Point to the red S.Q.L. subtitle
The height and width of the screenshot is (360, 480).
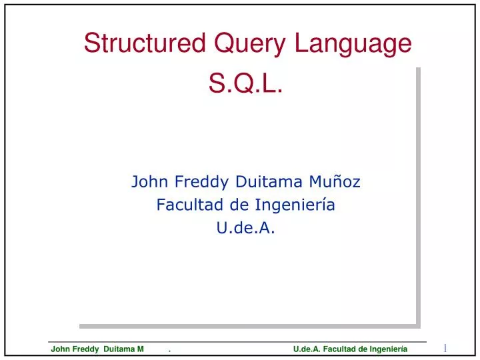click(x=247, y=84)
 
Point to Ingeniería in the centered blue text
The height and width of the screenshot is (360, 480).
click(x=293, y=205)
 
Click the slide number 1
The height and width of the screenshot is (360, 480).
click(x=445, y=347)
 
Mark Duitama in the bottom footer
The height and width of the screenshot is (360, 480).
click(x=120, y=349)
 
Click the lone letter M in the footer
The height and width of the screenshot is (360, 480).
click(x=141, y=349)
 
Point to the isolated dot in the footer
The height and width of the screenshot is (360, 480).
click(x=170, y=350)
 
